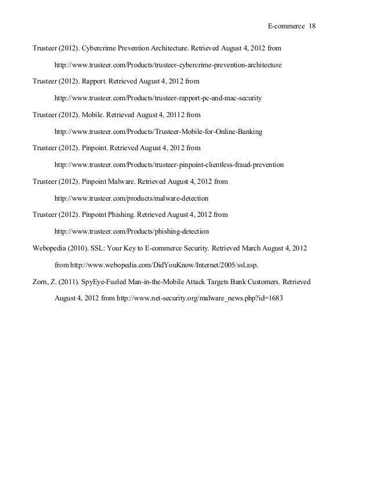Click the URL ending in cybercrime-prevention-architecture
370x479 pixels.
click(x=168, y=66)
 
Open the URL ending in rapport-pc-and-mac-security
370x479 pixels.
click(x=158, y=99)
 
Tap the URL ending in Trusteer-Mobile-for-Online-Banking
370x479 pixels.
click(x=158, y=132)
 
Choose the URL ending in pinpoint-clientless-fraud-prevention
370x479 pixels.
click(x=169, y=165)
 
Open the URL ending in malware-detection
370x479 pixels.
click(x=131, y=198)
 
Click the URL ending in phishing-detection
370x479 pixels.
click(x=132, y=231)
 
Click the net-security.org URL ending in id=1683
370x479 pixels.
click(x=200, y=298)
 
